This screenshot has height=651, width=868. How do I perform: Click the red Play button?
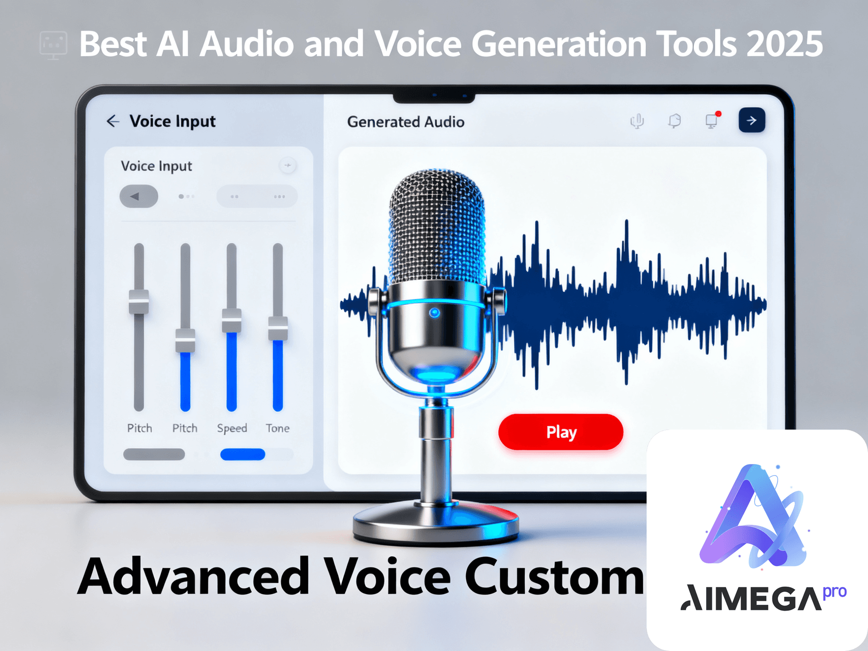(561, 432)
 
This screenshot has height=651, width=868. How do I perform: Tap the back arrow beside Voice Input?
(113, 121)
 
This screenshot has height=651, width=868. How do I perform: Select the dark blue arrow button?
(752, 120)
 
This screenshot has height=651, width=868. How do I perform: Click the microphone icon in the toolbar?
(637, 121)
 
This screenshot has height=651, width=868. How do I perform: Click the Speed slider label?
(232, 428)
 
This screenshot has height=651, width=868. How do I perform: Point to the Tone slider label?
(278, 428)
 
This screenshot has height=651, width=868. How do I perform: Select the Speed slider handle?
(231, 321)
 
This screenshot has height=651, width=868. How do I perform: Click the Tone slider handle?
(278, 328)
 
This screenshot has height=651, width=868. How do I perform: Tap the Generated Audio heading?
(406, 122)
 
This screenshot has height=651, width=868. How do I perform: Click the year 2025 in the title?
(784, 44)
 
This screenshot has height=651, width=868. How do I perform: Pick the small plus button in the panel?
(288, 165)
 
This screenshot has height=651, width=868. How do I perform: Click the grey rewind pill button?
(139, 196)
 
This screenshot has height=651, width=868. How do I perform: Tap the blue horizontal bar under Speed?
(243, 454)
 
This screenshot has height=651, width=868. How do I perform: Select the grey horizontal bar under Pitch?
(154, 454)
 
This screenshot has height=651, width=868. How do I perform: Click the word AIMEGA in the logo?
(751, 598)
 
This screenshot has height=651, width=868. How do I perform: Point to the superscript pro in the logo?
(835, 592)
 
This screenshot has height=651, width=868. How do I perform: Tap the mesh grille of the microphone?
(437, 226)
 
